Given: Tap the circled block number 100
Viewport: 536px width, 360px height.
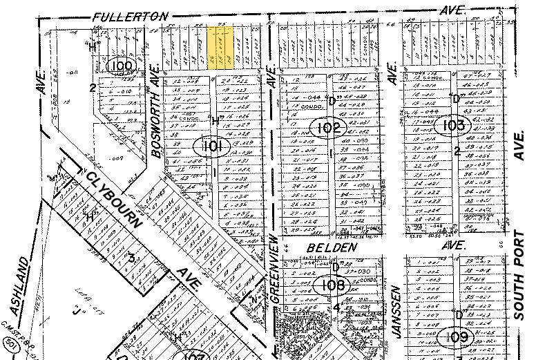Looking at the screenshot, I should (119, 66).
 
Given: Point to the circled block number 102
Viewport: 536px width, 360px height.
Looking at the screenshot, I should (329, 128).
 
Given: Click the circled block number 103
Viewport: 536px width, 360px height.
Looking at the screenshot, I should (454, 125).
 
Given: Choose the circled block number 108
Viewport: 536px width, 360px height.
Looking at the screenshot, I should (328, 284).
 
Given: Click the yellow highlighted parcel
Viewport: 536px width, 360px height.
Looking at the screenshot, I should (220, 48).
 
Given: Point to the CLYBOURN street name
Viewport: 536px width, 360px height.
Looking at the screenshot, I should (115, 198).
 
